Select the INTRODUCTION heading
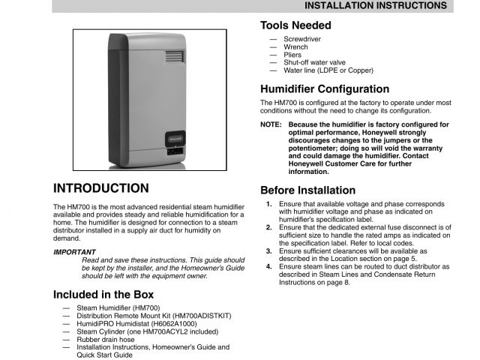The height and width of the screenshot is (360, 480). tap(101, 188)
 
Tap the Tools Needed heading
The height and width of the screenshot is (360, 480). tap(295, 25)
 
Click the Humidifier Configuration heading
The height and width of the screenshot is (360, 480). tap(325, 88)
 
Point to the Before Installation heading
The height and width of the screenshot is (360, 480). tap(307, 190)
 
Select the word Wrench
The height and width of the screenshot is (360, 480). tap(295, 46)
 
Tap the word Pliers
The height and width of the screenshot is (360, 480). tap(293, 55)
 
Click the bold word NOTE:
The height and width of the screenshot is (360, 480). tap(271, 124)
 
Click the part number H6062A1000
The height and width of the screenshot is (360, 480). tap(167, 323)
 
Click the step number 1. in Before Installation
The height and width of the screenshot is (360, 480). tap(269, 203)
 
